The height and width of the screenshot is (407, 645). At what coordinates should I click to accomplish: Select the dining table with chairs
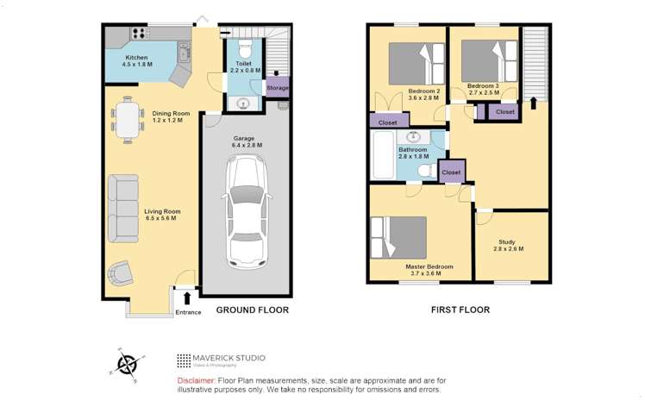128,119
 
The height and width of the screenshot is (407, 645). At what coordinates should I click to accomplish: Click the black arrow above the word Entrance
187,298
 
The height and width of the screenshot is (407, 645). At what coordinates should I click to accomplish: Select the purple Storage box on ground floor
277,88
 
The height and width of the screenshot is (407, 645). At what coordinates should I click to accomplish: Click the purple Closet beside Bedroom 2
387,122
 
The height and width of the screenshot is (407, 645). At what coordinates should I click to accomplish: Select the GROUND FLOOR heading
252,310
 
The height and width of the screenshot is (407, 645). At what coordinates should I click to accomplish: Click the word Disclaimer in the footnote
195,380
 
